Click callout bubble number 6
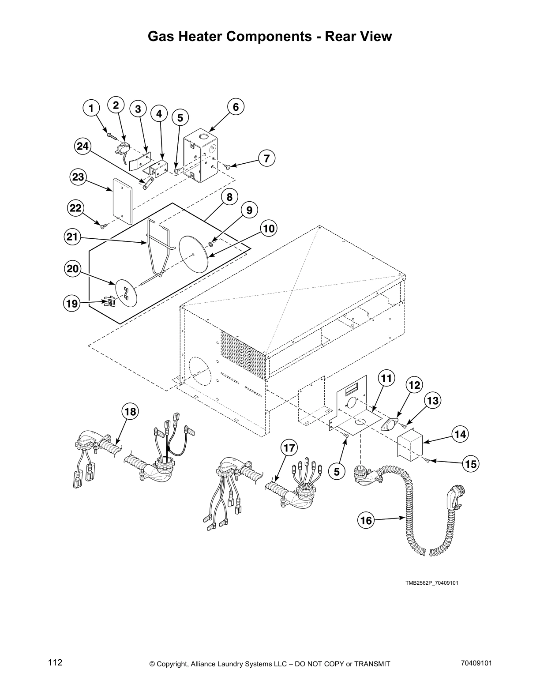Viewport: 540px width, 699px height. pyautogui.click(x=236, y=107)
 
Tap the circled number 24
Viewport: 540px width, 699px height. pyautogui.click(x=83, y=147)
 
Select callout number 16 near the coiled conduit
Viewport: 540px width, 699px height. pyautogui.click(x=366, y=521)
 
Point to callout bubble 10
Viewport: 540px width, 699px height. pyautogui.click(x=269, y=229)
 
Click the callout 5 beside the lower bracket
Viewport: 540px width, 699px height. pyautogui.click(x=337, y=472)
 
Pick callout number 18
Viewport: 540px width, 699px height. pyautogui.click(x=130, y=412)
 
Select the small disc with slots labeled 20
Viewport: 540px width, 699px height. pyautogui.click(x=127, y=292)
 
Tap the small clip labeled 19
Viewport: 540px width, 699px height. pyautogui.click(x=108, y=302)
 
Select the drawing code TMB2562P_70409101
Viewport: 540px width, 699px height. pyautogui.click(x=432, y=583)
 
